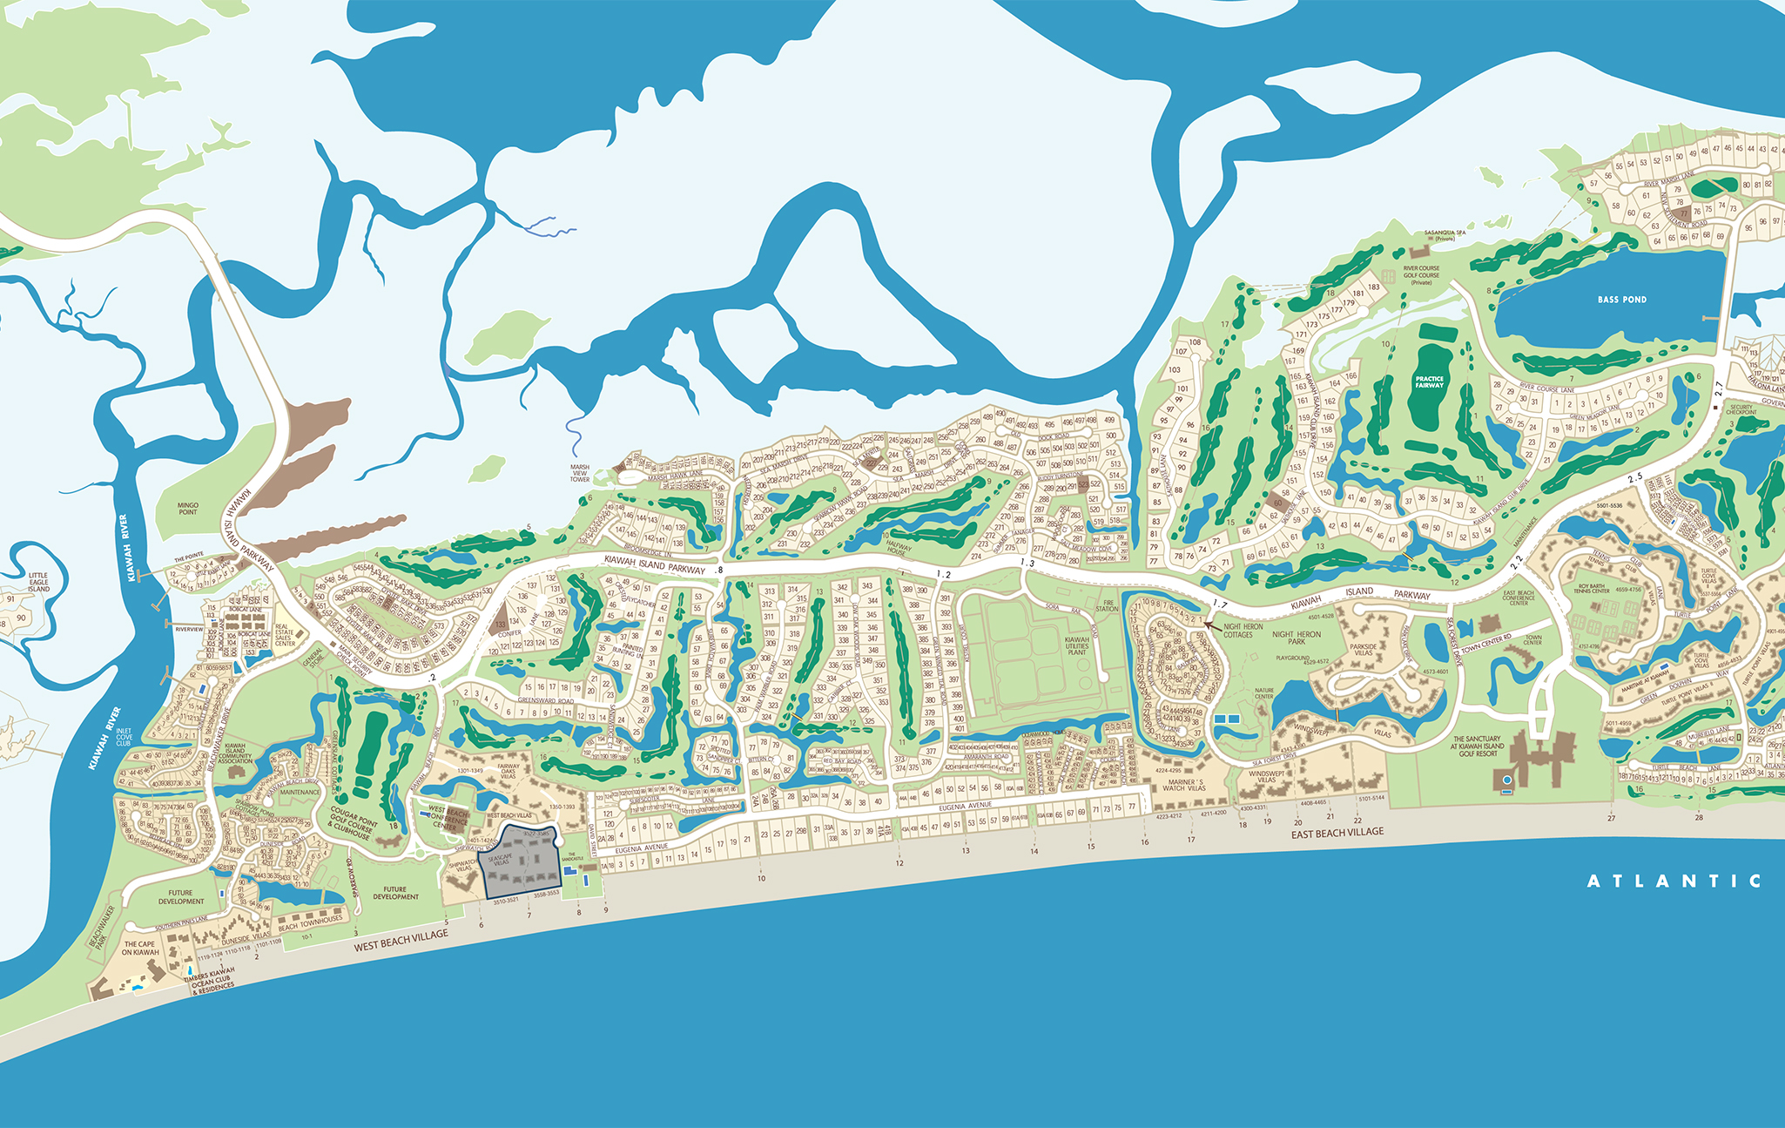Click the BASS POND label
point(1621,300)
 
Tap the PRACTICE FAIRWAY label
point(1429,382)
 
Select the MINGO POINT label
point(188,509)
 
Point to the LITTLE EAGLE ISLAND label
point(38,582)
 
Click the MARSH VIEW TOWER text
point(580,473)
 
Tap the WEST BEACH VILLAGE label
point(401,941)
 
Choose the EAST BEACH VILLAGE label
point(1337,833)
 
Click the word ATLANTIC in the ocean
point(1674,881)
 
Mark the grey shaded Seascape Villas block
point(521,868)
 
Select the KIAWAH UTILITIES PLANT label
point(1077,645)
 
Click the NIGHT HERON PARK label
point(1297,638)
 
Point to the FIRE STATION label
point(1107,605)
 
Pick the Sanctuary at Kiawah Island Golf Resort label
point(1477,746)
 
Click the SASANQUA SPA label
point(1445,235)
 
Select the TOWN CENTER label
point(1533,640)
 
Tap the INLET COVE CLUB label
point(124,737)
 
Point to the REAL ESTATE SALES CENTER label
point(285,635)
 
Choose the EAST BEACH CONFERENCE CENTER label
point(1519,598)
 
